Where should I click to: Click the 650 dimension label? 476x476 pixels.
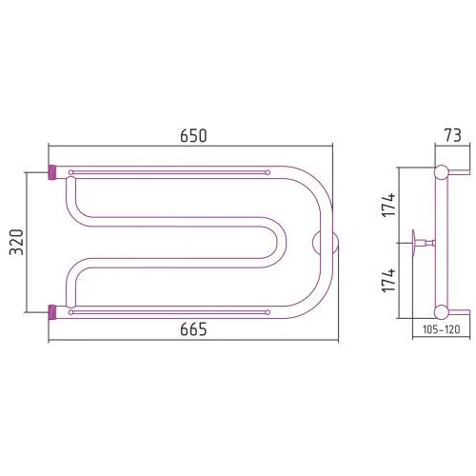click(x=193, y=136)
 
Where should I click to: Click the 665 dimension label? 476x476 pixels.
click(x=193, y=329)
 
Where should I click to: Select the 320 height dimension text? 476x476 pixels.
click(x=16, y=242)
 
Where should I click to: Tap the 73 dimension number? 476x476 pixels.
click(x=452, y=136)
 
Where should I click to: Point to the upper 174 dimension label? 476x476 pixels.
click(x=388, y=205)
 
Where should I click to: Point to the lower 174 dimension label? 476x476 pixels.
click(x=388, y=281)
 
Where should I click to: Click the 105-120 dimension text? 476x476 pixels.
click(x=441, y=329)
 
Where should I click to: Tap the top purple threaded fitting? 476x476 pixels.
click(x=52, y=172)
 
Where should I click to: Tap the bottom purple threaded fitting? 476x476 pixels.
click(x=52, y=312)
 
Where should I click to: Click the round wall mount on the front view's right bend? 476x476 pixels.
click(x=326, y=243)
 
